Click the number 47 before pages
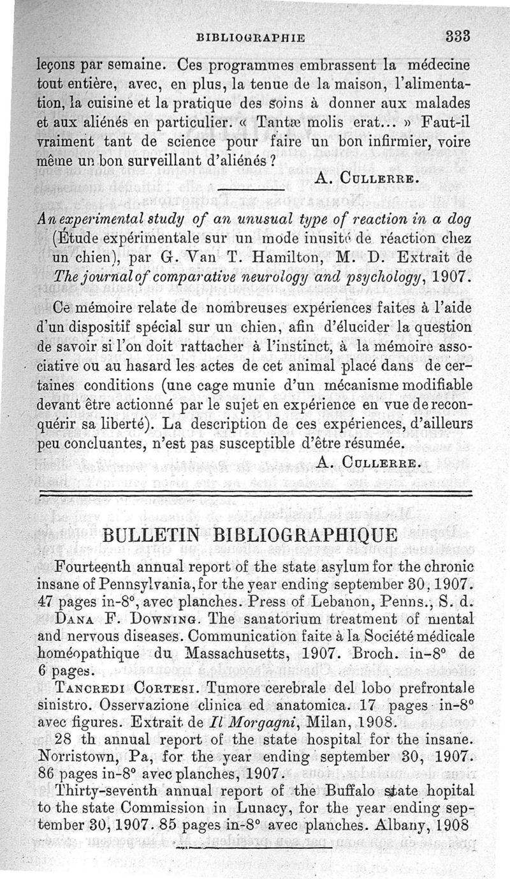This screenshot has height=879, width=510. point(45,600)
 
